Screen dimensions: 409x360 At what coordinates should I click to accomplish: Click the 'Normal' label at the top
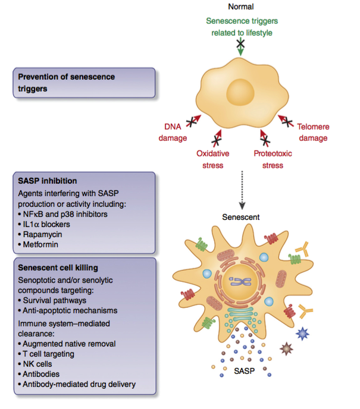(x=241, y=7)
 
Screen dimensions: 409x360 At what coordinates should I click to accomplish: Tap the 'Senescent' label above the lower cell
(x=240, y=218)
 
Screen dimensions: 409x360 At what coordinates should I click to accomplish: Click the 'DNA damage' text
(x=176, y=132)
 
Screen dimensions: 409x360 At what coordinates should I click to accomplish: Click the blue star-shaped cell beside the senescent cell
(x=304, y=334)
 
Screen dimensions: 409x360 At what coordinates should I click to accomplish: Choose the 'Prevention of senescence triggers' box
(x=84, y=83)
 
